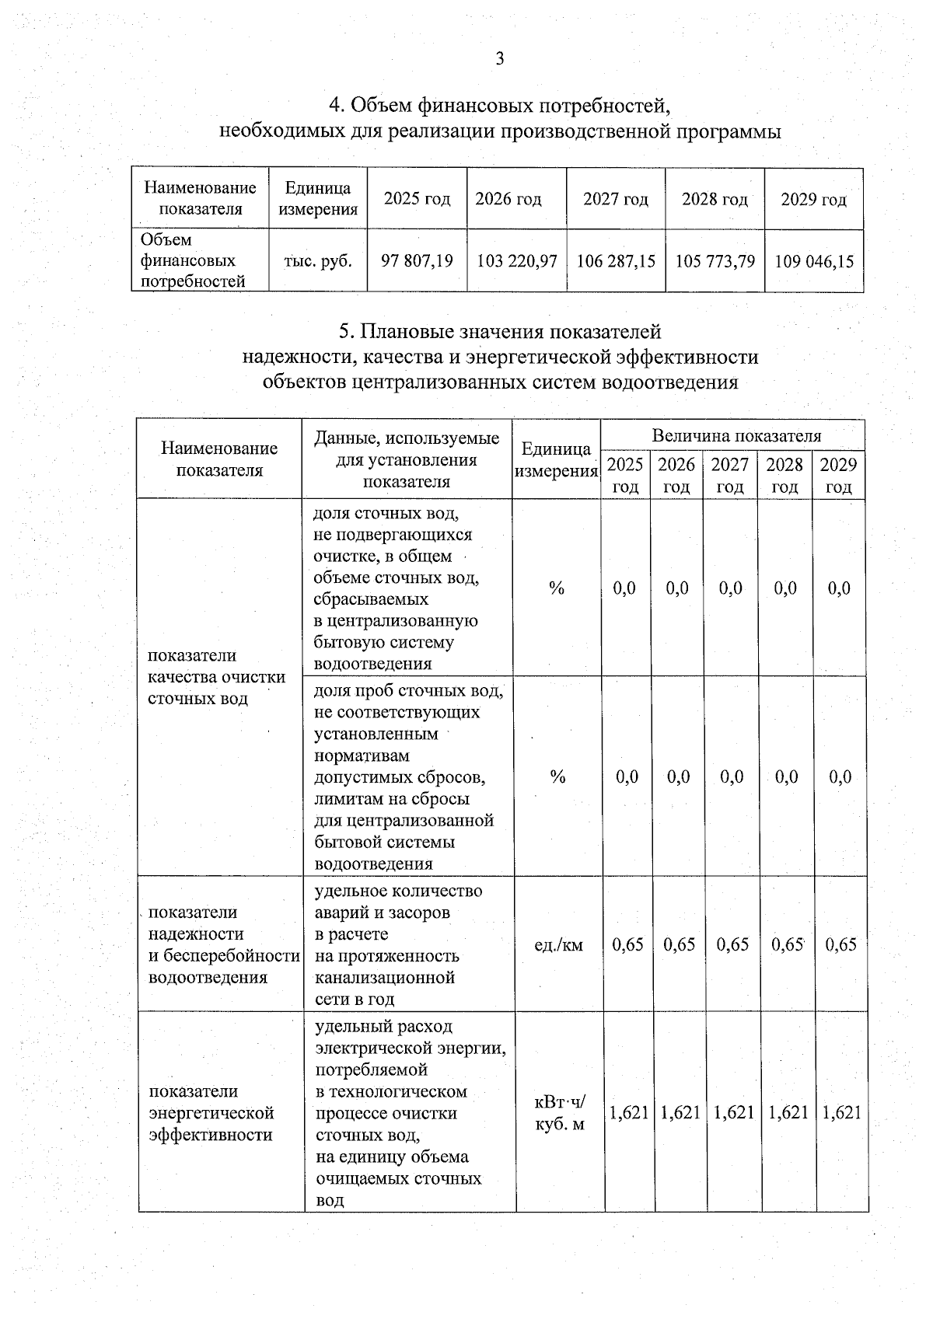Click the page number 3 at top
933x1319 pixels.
click(500, 59)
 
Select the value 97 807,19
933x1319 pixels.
click(417, 261)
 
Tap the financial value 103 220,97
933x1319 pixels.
click(516, 261)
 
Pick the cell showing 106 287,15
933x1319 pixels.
click(616, 261)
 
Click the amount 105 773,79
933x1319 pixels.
click(715, 261)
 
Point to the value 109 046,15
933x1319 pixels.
click(814, 261)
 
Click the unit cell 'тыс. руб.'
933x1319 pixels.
click(317, 261)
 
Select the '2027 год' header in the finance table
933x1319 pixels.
click(616, 199)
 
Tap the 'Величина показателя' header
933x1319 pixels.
click(736, 435)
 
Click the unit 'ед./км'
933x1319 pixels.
click(558, 945)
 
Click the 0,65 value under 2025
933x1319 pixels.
click(627, 944)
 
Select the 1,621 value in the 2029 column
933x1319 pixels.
click(841, 1112)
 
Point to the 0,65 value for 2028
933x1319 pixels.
click(786, 944)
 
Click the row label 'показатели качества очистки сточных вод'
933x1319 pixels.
click(216, 677)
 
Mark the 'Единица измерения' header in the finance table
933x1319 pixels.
click(317, 199)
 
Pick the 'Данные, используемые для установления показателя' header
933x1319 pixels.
click(406, 459)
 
